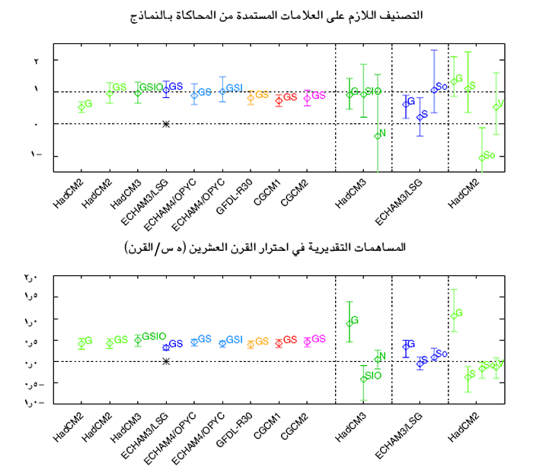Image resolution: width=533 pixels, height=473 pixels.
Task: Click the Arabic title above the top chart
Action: click(x=282, y=15)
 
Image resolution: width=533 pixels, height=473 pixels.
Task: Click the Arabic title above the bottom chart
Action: click(x=264, y=247)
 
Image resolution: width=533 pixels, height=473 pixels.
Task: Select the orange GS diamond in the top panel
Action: click(x=251, y=97)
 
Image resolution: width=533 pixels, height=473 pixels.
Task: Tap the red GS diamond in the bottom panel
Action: click(x=279, y=342)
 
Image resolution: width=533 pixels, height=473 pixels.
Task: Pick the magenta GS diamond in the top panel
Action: click(x=307, y=97)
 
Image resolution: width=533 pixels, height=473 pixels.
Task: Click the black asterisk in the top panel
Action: click(x=166, y=123)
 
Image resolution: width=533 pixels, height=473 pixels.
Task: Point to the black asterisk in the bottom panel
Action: click(x=166, y=360)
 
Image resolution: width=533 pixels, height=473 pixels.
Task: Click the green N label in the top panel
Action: click(x=382, y=134)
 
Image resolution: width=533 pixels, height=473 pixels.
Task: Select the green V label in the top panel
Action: click(x=500, y=103)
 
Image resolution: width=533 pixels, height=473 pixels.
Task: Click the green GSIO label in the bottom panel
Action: click(x=153, y=336)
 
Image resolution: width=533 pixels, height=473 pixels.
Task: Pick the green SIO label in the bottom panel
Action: click(x=373, y=375)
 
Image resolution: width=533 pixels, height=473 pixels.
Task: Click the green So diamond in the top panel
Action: click(x=482, y=157)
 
